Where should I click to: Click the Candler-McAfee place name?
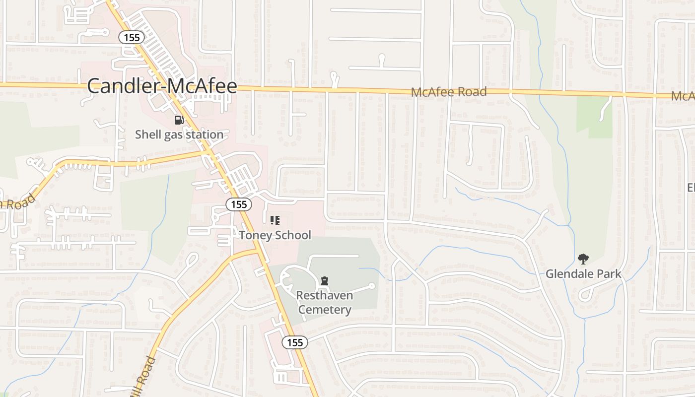(x=162, y=86)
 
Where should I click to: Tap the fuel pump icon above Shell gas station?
(x=179, y=120)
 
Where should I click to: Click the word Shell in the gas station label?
(x=147, y=134)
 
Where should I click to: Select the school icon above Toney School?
(x=275, y=220)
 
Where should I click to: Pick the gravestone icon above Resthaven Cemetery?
(x=325, y=281)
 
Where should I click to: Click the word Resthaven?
(x=325, y=296)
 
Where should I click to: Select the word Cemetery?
(x=325, y=310)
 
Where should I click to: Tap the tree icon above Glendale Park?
(x=583, y=259)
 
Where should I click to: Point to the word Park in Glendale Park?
(x=609, y=274)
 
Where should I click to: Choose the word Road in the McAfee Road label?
(x=472, y=92)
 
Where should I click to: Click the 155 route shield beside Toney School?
(x=239, y=204)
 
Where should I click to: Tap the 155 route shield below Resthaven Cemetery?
(x=295, y=342)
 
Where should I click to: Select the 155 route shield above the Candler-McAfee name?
(x=132, y=37)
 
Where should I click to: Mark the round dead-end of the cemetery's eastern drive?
(x=372, y=286)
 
